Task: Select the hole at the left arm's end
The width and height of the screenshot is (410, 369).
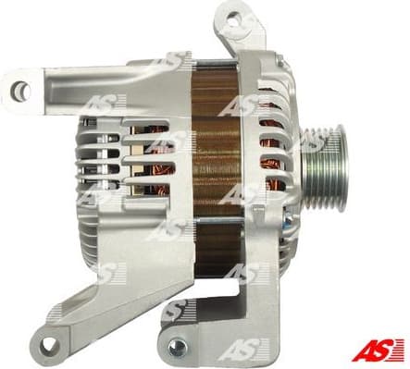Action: click(x=19, y=89)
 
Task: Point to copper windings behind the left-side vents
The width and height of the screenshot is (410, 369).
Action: click(x=148, y=157)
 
